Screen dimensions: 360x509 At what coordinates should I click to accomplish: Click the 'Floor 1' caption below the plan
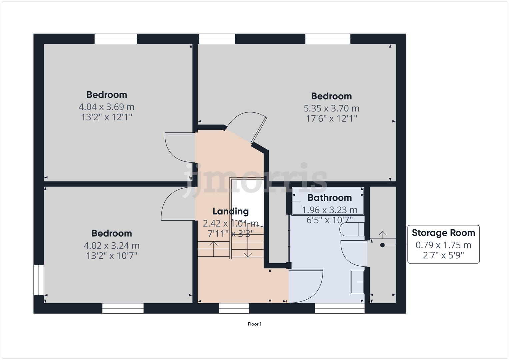pos(254,324)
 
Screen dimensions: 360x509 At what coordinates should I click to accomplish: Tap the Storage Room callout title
pos(443,233)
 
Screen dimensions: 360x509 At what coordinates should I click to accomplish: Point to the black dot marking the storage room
pos(382,245)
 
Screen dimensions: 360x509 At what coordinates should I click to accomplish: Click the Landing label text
pos(231,211)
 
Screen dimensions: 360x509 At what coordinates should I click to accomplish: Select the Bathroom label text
pos(329,198)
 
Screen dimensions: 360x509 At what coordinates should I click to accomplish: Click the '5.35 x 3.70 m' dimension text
pos(331,108)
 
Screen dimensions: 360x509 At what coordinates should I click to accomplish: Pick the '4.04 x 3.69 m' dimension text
pos(107,107)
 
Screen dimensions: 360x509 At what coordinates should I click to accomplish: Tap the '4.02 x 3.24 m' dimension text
pos(112,246)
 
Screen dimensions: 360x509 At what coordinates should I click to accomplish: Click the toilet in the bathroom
pos(352,230)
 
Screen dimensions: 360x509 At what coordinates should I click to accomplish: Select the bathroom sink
pos(357,282)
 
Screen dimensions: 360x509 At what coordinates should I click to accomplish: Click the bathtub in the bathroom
pos(328,202)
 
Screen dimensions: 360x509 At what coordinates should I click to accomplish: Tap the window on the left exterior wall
pos(39,280)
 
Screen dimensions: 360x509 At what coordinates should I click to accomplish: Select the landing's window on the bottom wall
pos(234,308)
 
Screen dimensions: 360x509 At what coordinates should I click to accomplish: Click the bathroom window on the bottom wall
pos(339,308)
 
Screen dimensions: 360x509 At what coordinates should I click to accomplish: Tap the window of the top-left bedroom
pos(116,39)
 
